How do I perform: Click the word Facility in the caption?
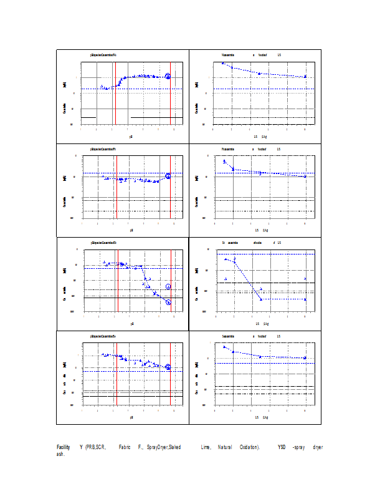coord(63,447)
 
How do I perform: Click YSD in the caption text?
coord(282,447)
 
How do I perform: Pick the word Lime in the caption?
coord(206,447)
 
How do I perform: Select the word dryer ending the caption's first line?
coord(318,447)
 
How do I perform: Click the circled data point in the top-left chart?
coord(168,76)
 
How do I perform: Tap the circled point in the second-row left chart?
coord(168,177)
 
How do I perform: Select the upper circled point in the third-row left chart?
coord(168,286)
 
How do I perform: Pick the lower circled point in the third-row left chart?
coord(168,302)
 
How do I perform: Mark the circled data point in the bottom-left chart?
coord(168,367)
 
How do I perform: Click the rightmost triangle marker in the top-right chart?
coord(305,76)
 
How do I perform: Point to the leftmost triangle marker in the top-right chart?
coord(223,63)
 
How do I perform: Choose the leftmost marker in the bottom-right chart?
coord(224,346)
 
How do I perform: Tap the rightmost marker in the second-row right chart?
coord(305,177)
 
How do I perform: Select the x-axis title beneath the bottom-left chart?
coord(131,417)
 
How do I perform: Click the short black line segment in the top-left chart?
coord(88,117)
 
